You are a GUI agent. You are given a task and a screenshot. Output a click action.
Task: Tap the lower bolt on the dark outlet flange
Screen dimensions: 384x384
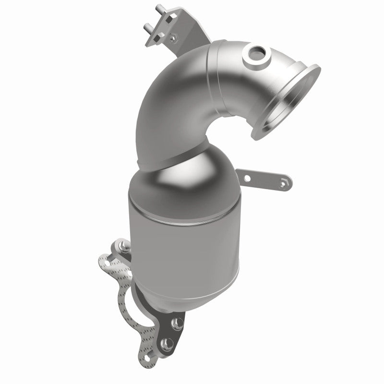[167, 343]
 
